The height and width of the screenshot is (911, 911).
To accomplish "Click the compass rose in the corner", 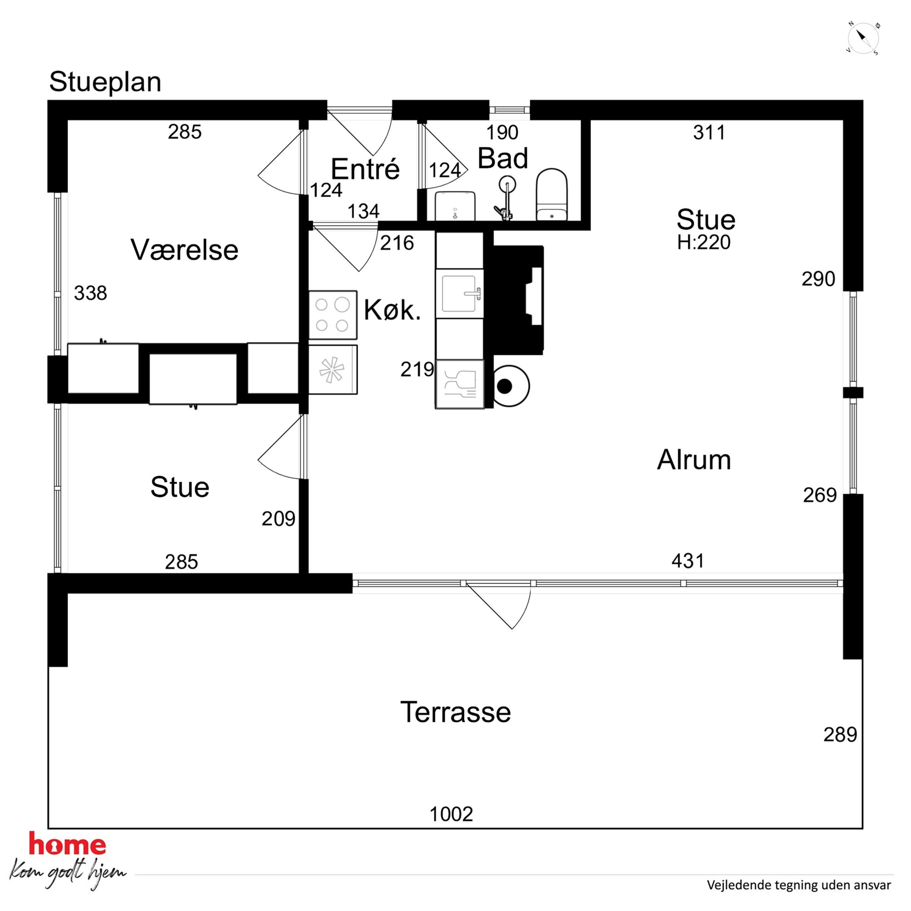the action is tap(863, 38).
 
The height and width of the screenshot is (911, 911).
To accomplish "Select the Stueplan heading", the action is tap(105, 82).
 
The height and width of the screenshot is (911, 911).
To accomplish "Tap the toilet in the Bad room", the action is tap(551, 194).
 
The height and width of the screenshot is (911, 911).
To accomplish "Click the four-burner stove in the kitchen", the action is tap(332, 315).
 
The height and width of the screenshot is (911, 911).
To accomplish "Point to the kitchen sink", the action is tap(459, 294).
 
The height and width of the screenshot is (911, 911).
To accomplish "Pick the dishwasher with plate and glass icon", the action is tap(460, 384).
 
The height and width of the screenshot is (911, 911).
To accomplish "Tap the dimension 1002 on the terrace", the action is tap(451, 814).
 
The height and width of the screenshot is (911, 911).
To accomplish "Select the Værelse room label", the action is tap(185, 249).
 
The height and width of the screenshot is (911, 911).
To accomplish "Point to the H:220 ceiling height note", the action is tap(703, 242).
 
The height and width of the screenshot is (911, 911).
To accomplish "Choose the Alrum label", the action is tap(694, 459).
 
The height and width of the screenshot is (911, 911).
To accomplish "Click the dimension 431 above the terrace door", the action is tap(688, 561).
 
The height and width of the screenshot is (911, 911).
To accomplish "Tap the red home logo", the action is tap(67, 844).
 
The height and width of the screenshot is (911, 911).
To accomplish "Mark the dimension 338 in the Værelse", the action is tap(90, 293).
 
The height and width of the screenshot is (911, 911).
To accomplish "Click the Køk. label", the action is tap(392, 310).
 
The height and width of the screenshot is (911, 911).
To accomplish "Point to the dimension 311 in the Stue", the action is tap(709, 133).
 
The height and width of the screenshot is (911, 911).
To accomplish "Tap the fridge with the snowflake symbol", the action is tap(332, 370).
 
